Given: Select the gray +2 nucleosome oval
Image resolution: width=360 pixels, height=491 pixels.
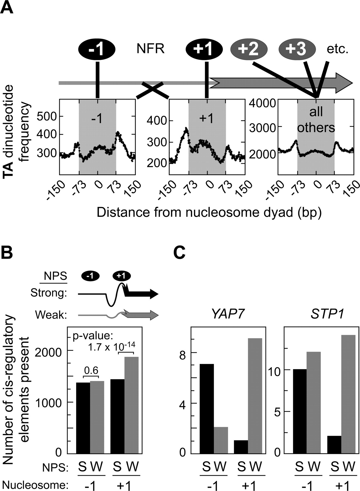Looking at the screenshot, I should coord(249,49).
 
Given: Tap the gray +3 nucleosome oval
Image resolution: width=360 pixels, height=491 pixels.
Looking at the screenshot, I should coord(297,49).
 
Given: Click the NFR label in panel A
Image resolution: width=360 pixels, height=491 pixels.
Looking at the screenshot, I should coord(151,49).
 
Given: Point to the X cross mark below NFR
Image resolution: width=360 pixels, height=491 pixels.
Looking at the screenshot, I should coord(152,90).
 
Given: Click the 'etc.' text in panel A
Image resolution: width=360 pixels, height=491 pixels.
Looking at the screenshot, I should coord(338,50).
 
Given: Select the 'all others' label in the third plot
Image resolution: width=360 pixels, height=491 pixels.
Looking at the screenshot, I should coord(316,120).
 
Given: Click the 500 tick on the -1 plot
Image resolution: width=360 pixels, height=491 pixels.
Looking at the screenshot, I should coord(47,116).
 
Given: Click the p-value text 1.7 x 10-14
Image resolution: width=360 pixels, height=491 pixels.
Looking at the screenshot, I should coord(111,347).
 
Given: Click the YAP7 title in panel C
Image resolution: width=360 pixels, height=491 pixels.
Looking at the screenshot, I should coord(226,315).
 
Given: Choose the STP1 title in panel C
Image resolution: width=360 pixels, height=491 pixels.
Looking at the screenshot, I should coord(327,315).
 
